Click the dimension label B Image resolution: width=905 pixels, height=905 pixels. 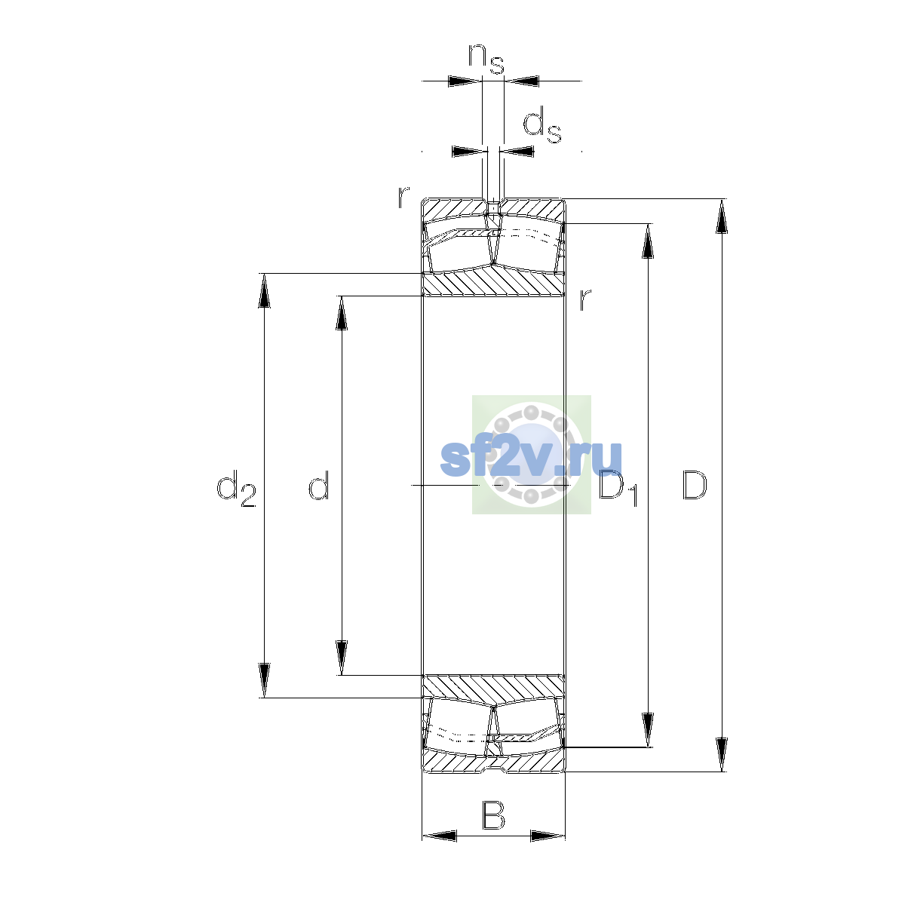(x=493, y=816)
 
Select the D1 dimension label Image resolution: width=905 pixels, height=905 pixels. (x=618, y=488)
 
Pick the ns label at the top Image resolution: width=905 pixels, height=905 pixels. (x=486, y=59)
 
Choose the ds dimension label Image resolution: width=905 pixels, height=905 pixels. (x=542, y=125)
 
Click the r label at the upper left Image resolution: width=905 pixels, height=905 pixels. (x=403, y=198)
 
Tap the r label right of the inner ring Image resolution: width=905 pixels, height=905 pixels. (x=584, y=299)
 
